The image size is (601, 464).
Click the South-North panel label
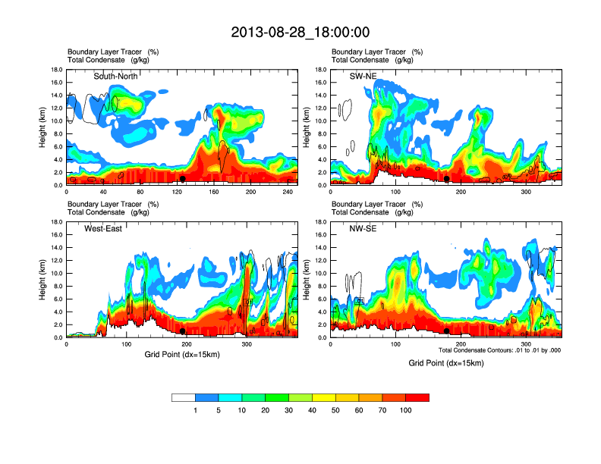116,76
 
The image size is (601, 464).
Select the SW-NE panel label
362,76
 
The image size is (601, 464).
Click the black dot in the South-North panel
183,179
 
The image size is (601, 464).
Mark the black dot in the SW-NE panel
447,179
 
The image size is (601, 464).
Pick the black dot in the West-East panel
183,331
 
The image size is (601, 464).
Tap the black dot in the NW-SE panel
447,331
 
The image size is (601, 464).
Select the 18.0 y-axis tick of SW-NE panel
320,70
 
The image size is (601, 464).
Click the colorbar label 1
196,410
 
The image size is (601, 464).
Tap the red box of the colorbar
417,397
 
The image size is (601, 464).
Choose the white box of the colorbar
184,397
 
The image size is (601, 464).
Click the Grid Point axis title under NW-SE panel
446,363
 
